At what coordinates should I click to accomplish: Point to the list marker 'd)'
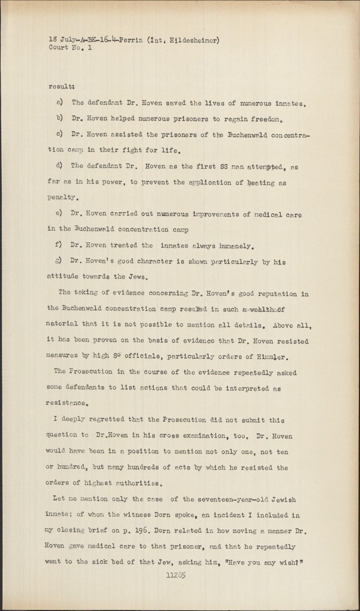point(60,166)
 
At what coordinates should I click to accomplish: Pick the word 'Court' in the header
point(59,48)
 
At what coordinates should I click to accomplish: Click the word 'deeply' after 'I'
point(72,419)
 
